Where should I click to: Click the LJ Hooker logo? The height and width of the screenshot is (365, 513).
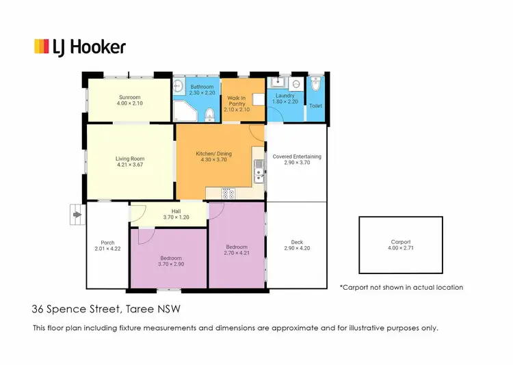[x=80, y=46]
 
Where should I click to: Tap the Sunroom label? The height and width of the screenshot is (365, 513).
[x=129, y=96]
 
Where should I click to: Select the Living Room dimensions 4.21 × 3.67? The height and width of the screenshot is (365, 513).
[x=130, y=165]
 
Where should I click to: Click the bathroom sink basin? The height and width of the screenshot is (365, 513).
[x=178, y=86]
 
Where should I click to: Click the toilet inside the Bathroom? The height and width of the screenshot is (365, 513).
[x=209, y=112]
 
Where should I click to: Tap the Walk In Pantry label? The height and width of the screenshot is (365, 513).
[x=237, y=100]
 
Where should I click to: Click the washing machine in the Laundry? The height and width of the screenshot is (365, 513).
[x=295, y=84]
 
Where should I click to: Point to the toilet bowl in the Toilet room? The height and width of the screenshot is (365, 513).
[x=315, y=85]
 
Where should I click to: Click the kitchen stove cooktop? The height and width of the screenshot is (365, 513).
[x=228, y=193]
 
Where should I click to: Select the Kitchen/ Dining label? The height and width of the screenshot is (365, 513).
[x=214, y=154]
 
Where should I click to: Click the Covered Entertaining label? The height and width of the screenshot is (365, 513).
[x=296, y=157]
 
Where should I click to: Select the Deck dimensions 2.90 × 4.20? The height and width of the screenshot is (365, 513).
[x=297, y=248]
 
